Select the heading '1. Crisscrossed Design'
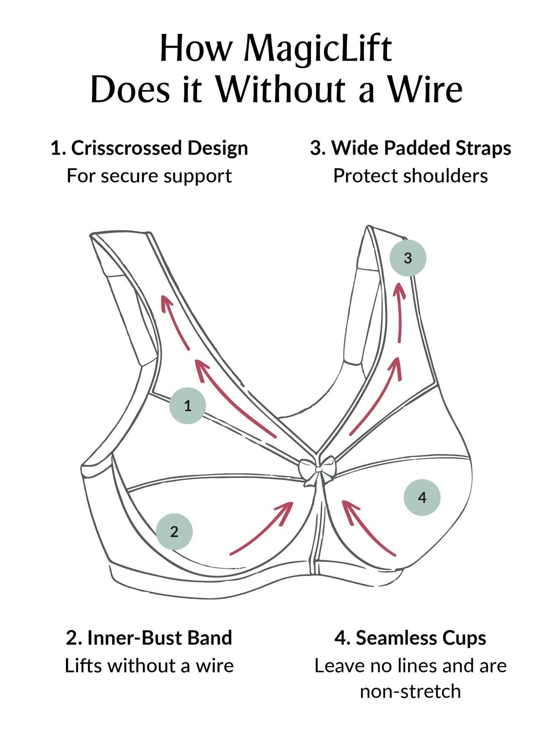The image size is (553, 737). coord(150,148)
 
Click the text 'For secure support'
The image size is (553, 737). coord(150,176)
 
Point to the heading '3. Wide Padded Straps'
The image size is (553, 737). coord(410,148)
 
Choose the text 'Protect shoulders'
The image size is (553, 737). coord(410,176)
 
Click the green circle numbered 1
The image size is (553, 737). coord(188,406)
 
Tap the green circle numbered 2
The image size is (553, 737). coord(174,531)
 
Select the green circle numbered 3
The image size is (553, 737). coord(408,258)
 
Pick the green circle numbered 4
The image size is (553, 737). coord(422,497)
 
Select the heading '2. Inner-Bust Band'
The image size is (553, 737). coord(149,638)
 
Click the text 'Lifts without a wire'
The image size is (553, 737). coord(149,666)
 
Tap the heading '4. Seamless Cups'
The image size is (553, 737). coord(410,638)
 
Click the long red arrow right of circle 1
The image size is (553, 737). coord(233,397)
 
